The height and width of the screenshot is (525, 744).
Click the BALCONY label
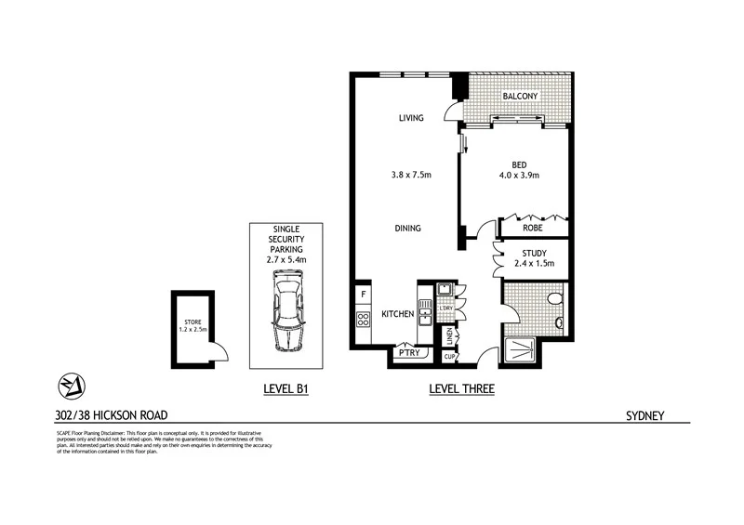[x=520, y=96]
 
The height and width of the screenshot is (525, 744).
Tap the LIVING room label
[x=411, y=118]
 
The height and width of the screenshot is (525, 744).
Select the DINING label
[x=407, y=228]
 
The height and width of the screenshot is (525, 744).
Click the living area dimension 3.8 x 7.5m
[x=411, y=173]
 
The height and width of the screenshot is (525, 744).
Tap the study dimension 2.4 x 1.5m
[x=534, y=264]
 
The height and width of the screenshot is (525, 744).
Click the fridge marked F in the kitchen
[x=362, y=296]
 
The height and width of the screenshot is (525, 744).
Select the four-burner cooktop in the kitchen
[x=362, y=321]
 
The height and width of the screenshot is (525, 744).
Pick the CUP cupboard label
[x=448, y=355]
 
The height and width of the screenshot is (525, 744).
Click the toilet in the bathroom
[x=556, y=299]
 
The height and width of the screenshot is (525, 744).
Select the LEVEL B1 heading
[x=283, y=392]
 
